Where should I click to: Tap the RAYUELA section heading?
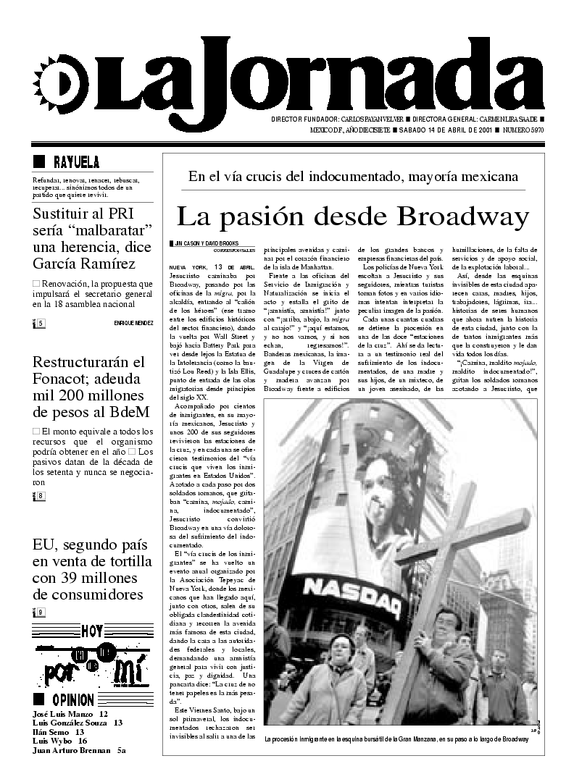(x=75, y=162)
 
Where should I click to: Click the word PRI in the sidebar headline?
(x=136, y=214)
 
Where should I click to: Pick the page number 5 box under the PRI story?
(x=41, y=323)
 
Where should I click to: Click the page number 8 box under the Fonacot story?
(x=41, y=496)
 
